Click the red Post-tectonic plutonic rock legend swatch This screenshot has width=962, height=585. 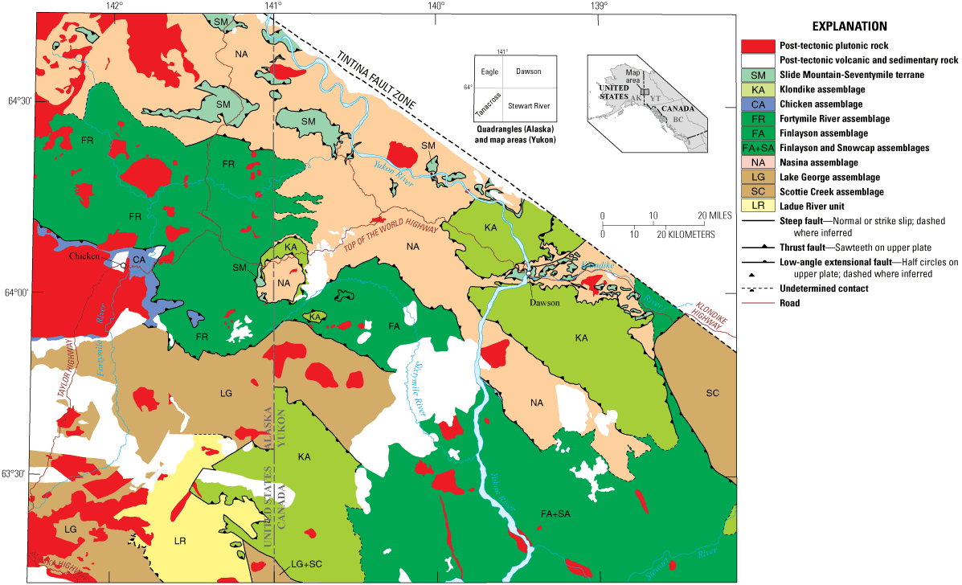pos(756,44)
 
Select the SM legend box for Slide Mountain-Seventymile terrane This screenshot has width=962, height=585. pos(756,74)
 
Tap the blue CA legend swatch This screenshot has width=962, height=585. pos(756,104)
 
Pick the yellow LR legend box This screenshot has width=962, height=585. pos(756,207)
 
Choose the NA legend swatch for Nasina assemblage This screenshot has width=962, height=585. pos(756,162)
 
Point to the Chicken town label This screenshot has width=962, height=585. pos(84,256)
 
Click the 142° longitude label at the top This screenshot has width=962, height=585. pos(115,6)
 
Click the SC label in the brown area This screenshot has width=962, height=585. pos(712,393)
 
